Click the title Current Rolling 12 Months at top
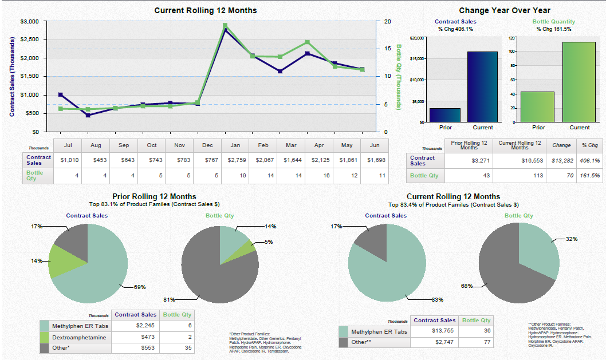click(206, 10)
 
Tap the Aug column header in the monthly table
click(96, 145)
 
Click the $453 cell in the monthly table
click(96, 160)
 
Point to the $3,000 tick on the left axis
click(29, 22)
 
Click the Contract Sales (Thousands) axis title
click(12, 77)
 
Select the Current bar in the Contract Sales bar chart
click(482, 86)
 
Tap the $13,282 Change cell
click(561, 161)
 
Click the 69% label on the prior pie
click(140, 287)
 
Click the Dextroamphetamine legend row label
click(79, 337)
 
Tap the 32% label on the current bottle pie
click(572, 239)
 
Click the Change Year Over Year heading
click(504, 10)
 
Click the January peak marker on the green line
click(225, 26)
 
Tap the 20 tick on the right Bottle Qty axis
click(387, 22)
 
